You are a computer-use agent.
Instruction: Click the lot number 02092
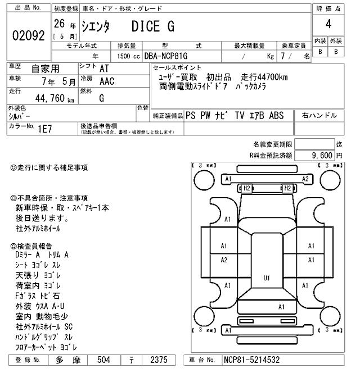pos(28,35)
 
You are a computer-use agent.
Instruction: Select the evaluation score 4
pos(328,24)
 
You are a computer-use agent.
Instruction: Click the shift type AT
pos(104,69)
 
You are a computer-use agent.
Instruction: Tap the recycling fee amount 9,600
pos(322,155)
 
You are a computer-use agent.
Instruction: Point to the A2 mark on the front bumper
pos(305,179)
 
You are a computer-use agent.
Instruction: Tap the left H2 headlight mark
pos(246,188)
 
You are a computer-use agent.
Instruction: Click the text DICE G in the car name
pos(153,26)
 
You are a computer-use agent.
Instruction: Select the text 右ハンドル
pos(319,116)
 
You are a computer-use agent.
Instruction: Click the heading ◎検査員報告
pos(32,246)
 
